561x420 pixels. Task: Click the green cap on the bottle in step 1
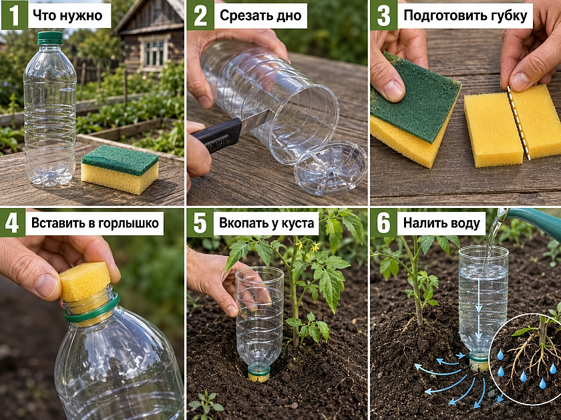click(49, 38)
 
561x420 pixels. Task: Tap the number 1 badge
click(14, 15)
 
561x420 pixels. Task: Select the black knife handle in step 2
click(217, 135)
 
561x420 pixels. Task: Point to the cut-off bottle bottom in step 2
click(330, 168)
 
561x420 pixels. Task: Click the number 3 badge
click(383, 15)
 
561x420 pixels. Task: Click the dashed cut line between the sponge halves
click(518, 122)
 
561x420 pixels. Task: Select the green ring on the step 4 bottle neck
click(92, 309)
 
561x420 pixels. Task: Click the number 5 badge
click(200, 223)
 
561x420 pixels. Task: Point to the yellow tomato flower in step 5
click(315, 247)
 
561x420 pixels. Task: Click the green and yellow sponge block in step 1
click(120, 169)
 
